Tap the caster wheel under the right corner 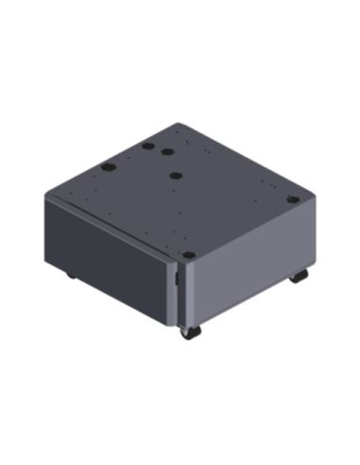(x=299, y=276)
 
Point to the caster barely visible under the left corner (x=70, y=275)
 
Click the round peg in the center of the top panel (x=177, y=174)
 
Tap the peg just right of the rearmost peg (x=167, y=151)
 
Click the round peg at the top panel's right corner (x=293, y=199)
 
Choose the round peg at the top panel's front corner (x=189, y=255)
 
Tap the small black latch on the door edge (x=178, y=279)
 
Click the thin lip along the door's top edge (x=109, y=224)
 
